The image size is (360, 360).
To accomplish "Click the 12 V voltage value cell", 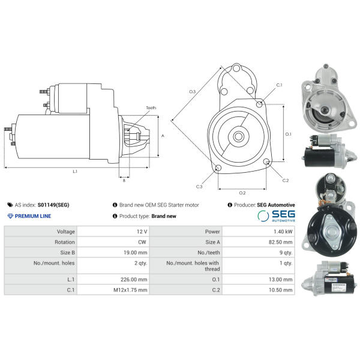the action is coord(142,232).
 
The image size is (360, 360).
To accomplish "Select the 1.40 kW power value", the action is coord(283,232).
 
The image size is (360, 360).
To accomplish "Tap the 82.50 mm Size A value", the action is coord(281,242).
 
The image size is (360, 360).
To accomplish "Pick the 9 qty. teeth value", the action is coord(286,253).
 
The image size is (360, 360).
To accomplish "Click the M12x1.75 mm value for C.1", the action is coord(130,290).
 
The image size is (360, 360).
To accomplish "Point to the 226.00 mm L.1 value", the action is coord(134,280).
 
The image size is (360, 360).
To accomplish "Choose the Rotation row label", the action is coord(65,242).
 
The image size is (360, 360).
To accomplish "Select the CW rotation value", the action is coord(142,242).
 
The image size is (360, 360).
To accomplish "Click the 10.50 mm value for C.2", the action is coord(281,290).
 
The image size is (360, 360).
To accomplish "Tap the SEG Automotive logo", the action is coord(276,216).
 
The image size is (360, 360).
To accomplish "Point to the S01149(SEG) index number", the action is coord(53,205).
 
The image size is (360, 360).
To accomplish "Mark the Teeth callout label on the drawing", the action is coord(151,107).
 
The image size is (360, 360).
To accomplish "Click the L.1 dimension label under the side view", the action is coord(75,172).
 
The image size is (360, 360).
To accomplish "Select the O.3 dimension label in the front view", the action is coord(192,92).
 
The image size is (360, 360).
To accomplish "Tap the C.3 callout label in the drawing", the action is coord(199,187).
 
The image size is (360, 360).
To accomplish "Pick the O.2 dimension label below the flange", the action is coord(242,193).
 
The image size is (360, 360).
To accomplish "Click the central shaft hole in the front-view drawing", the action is coord(239,137).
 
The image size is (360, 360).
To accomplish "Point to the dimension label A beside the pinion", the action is coord(163,136).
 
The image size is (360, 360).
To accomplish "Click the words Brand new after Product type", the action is coord(164,216).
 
